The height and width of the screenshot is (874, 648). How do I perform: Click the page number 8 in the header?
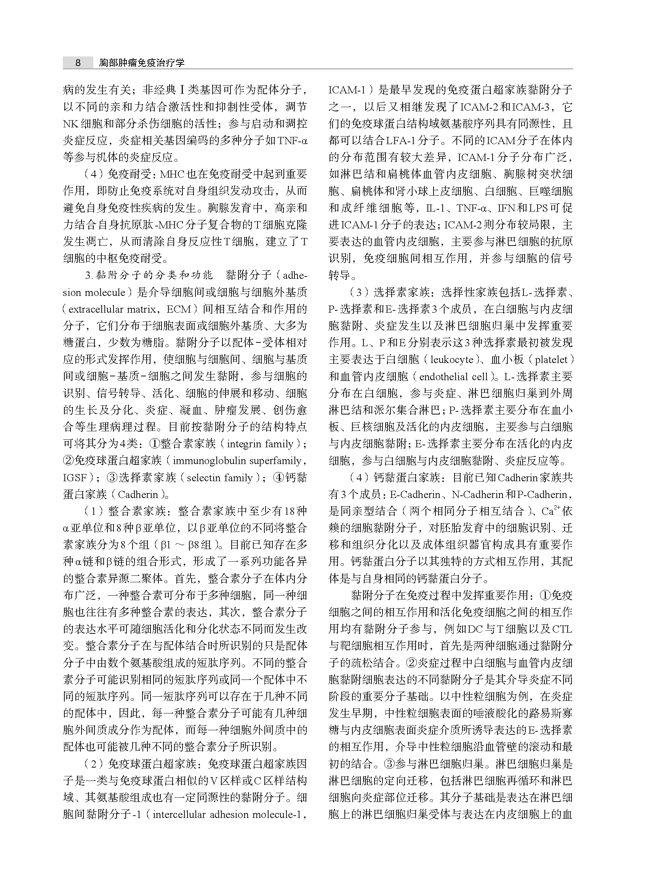(x=78, y=63)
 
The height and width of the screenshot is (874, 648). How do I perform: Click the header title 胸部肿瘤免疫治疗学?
(x=142, y=63)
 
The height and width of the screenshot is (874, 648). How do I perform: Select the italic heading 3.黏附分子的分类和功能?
(x=149, y=275)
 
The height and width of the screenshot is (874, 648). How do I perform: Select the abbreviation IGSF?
(x=75, y=478)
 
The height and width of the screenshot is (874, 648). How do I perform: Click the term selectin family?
(x=219, y=478)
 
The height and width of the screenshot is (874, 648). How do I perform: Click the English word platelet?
(x=551, y=360)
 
